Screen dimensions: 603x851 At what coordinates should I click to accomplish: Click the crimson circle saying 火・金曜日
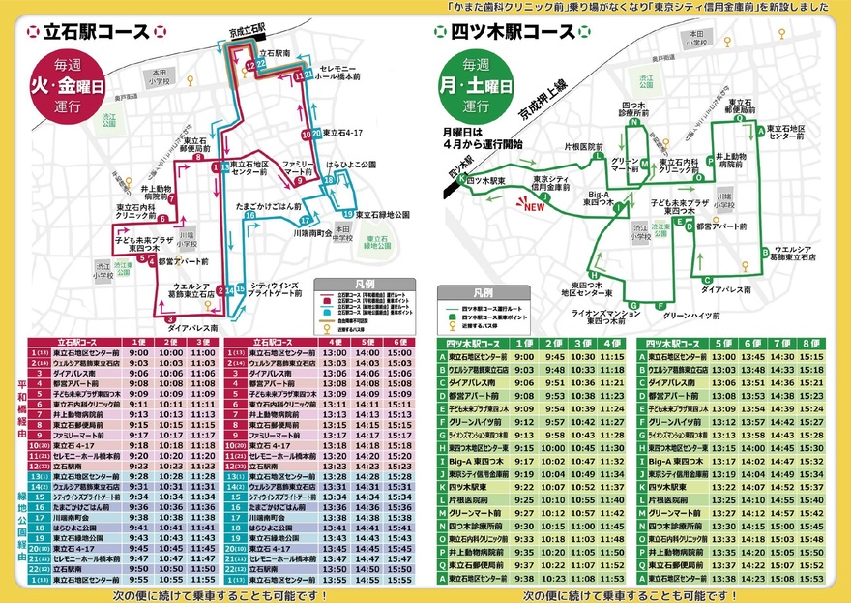[x=60, y=89]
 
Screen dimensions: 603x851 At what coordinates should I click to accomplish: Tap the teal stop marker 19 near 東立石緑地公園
[x=346, y=214]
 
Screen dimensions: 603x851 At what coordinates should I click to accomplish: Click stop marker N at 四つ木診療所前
[x=633, y=124]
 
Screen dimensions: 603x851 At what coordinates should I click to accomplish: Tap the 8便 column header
[x=811, y=344]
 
